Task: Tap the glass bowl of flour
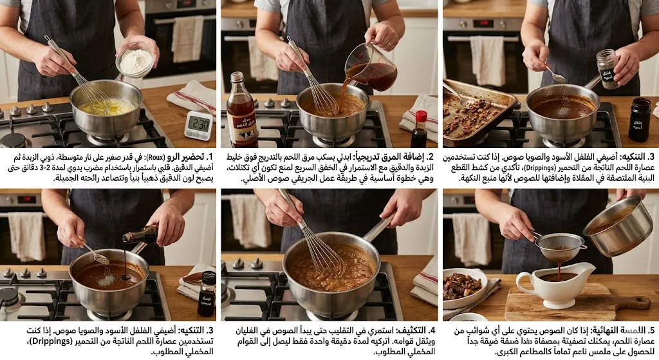136,61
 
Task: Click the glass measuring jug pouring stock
371,67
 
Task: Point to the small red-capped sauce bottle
419,129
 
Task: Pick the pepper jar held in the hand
606,68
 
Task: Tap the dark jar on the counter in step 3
639,119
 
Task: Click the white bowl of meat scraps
462,285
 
